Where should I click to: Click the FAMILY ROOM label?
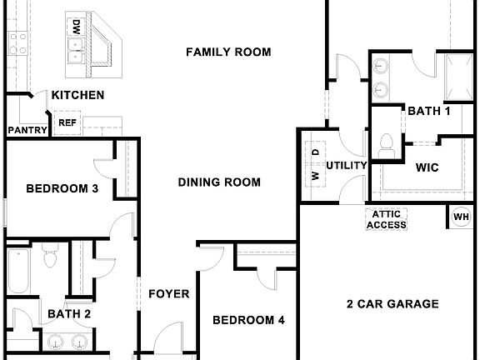pyautogui.click(x=228, y=52)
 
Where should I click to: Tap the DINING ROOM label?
pyautogui.click(x=219, y=182)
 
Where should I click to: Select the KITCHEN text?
pyautogui.click(x=78, y=95)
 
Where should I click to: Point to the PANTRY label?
pyautogui.click(x=26, y=130)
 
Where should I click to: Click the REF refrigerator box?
pyautogui.click(x=67, y=123)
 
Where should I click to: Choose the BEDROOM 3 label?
pyautogui.click(x=62, y=189)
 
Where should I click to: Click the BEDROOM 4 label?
pyautogui.click(x=248, y=320)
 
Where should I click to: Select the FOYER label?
pyautogui.click(x=169, y=294)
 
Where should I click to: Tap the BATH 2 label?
pyautogui.click(x=69, y=314)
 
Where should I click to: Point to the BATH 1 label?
pyautogui.click(x=429, y=110)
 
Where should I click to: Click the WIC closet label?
pyautogui.click(x=427, y=167)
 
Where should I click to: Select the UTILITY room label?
pyautogui.click(x=347, y=165)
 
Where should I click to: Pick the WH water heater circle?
pyautogui.click(x=461, y=217)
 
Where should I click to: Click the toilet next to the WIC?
pyautogui.click(x=387, y=145)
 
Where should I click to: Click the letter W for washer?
pyautogui.click(x=316, y=176)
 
